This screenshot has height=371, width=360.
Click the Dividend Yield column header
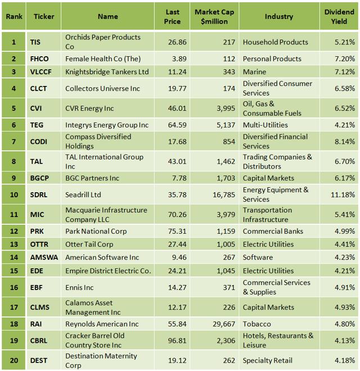pos(339,16)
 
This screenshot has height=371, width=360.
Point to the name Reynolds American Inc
pos(102,324)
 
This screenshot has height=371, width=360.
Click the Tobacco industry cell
pos(256,324)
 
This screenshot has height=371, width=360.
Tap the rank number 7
pos(13,141)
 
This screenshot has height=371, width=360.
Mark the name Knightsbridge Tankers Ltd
pos(107,71)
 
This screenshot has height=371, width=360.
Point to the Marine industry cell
pos(254,71)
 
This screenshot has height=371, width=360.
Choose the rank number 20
pos(13,360)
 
